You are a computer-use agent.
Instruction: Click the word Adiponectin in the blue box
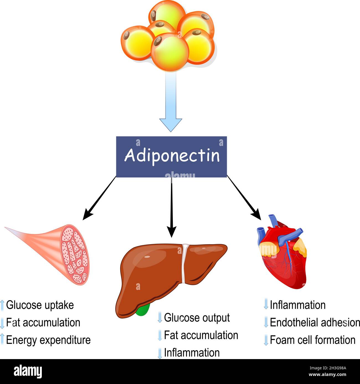[x=172, y=156]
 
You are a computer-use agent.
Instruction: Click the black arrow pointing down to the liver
[x=172, y=208]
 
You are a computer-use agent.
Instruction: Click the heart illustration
[x=282, y=255]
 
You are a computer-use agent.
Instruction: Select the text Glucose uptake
[x=40, y=305]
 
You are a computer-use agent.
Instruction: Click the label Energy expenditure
[x=48, y=340]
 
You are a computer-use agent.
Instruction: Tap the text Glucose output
[x=197, y=318]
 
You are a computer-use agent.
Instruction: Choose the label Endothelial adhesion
[x=315, y=323]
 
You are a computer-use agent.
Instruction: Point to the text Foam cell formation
[x=312, y=340]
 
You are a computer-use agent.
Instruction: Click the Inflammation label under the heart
[x=297, y=305]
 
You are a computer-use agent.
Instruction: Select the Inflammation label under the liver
[x=192, y=353]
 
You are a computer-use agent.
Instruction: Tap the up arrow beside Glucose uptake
[x=2, y=305]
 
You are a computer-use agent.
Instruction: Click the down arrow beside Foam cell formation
[x=266, y=340]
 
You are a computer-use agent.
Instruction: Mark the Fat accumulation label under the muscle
[x=43, y=323]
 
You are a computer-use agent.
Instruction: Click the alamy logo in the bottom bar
[x=28, y=371]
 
